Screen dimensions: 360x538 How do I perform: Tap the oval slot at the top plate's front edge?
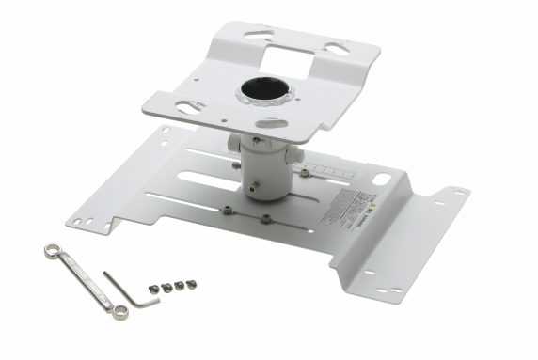coord(269,123)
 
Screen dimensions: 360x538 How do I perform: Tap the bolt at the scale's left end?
coord(305,172)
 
